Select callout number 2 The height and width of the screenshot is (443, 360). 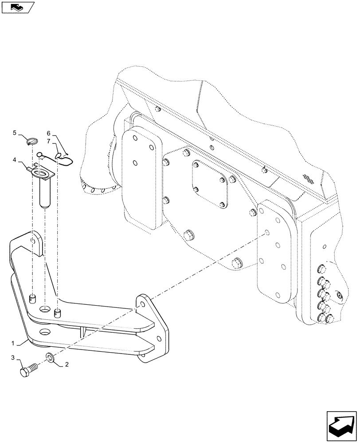point(67,365)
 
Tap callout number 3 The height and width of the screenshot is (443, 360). point(13,357)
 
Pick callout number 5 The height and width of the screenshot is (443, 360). point(14,132)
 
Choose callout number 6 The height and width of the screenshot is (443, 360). point(49,132)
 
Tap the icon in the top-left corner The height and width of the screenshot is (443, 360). point(17,7)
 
